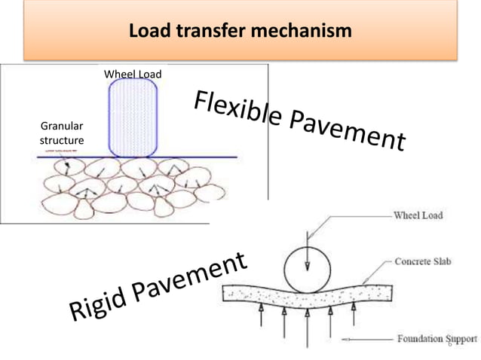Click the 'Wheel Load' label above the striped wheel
click(x=133, y=74)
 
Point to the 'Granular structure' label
click(x=61, y=133)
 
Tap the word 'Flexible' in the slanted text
click(x=237, y=110)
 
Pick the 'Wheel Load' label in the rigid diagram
click(x=418, y=215)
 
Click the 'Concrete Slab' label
click(x=422, y=261)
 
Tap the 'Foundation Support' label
click(x=430, y=339)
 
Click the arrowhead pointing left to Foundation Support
click(x=346, y=338)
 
